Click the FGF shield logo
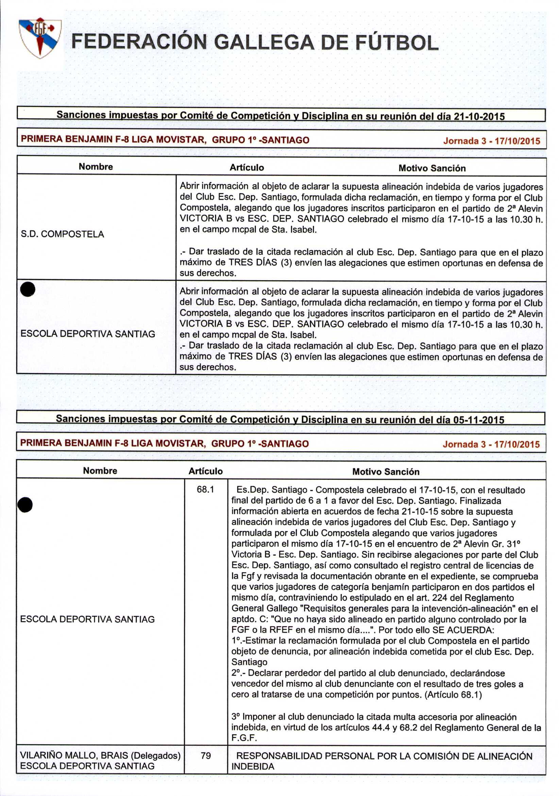coord(40,37)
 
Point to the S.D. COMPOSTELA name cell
coord(62,234)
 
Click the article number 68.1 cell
coord(205,490)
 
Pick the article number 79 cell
coord(205,756)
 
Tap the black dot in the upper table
coord(28,289)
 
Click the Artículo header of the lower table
coord(205,471)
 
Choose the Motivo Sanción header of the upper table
coord(432,168)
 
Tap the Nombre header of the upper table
coord(96,167)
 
